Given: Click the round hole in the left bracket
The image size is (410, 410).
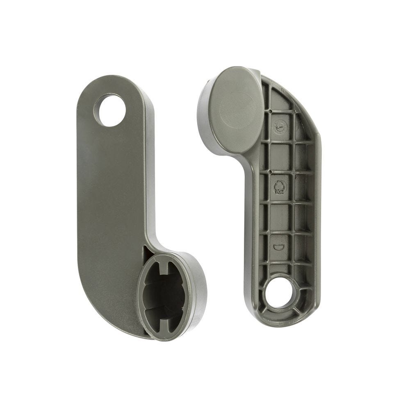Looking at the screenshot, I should (110, 110).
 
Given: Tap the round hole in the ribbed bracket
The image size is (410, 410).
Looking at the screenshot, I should (280, 293).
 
